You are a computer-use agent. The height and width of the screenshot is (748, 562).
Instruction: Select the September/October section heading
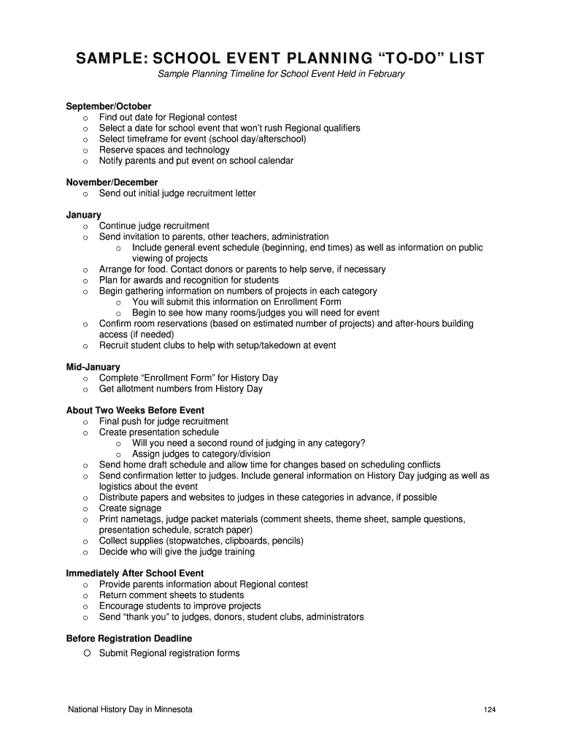(x=109, y=107)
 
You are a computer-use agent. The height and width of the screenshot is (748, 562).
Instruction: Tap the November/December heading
(x=112, y=183)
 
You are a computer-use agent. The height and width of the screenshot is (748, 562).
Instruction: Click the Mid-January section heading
(x=93, y=367)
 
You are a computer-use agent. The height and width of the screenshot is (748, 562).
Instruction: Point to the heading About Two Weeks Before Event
(x=135, y=411)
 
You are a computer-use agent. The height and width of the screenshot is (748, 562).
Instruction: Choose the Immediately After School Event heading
(x=135, y=573)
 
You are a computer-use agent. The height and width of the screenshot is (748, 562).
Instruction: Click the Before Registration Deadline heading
(x=129, y=638)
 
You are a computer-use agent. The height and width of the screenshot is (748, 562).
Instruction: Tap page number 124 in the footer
(x=489, y=710)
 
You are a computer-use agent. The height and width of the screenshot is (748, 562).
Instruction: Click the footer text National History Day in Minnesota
(x=130, y=709)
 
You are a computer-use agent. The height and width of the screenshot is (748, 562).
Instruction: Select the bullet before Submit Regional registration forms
(x=85, y=653)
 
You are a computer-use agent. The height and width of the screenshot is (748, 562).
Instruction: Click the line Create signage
(x=130, y=508)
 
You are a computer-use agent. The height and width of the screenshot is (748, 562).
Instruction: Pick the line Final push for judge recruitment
(x=163, y=421)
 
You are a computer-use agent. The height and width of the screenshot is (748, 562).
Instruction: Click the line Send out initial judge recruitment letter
(x=177, y=194)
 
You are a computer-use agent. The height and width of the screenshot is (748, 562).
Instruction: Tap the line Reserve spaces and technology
(x=164, y=150)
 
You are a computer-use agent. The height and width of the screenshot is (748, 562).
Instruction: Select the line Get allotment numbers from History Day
(x=180, y=389)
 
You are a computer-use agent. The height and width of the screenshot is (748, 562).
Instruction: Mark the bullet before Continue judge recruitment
(x=85, y=226)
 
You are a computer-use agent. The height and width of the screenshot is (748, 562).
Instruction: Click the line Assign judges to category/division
(x=201, y=454)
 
